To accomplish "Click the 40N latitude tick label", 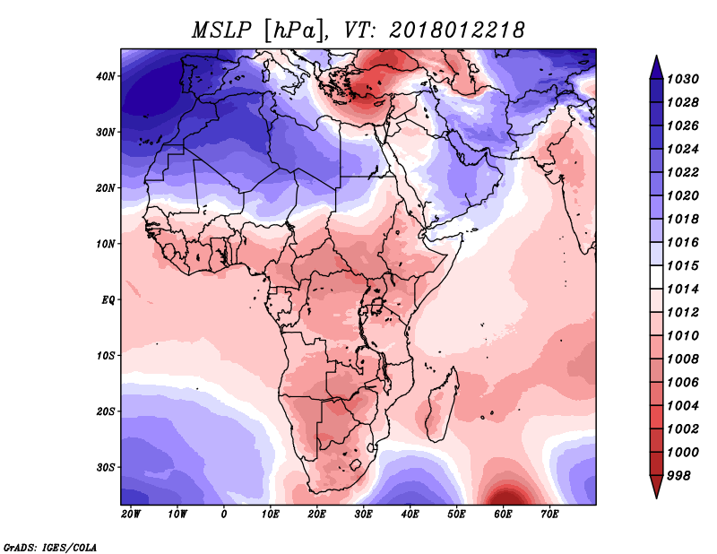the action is tap(105, 76).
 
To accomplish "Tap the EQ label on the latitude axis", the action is tap(108, 300).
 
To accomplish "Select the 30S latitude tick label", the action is tap(105, 468).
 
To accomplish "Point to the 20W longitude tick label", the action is tap(130, 515).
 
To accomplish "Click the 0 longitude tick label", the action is tap(223, 515).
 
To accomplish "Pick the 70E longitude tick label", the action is tap(549, 515).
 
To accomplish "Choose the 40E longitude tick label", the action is tap(410, 515).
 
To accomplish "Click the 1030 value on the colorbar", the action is tap(682, 79).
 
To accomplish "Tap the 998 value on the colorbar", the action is tap(678, 476).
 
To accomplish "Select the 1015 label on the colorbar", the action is tap(682, 265).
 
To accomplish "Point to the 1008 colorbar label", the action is tap(682, 359).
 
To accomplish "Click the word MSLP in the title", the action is tap(221, 30).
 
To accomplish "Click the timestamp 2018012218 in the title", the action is tap(456, 30).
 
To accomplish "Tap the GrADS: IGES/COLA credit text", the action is tap(50, 548).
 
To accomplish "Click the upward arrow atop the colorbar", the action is tap(656, 67).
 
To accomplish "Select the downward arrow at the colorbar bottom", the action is tap(656, 487).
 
